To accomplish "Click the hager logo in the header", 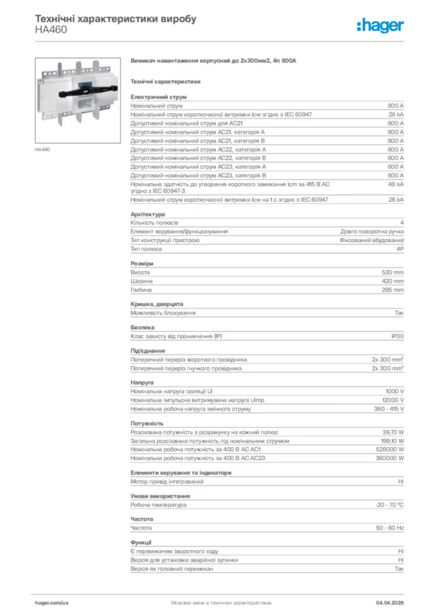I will [x=380, y=25].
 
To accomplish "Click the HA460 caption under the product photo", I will [x=42, y=149].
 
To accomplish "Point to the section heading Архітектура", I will [x=148, y=214].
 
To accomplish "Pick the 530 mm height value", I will [x=393, y=273].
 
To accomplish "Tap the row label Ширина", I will [x=141, y=281].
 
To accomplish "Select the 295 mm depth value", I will [x=393, y=290].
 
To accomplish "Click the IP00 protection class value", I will [x=397, y=336].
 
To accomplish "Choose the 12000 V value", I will [x=393, y=400].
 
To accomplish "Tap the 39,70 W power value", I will [x=393, y=432].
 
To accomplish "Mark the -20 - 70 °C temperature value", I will [x=389, y=505].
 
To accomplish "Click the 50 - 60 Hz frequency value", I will [x=389, y=528].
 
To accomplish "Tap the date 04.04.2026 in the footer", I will [x=389, y=602].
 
